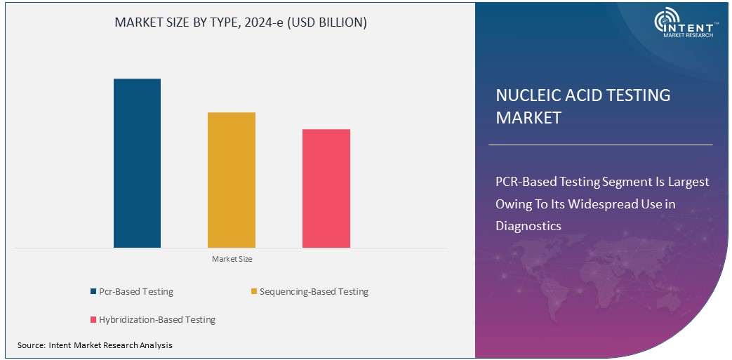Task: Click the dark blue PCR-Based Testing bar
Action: [137, 163]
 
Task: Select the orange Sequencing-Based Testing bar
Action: [232, 180]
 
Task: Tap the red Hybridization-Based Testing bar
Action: [326, 188]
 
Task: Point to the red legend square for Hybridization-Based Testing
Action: [93, 320]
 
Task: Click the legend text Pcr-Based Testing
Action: [136, 292]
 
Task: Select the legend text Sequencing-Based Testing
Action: [314, 292]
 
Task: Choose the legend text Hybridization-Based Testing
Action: [157, 320]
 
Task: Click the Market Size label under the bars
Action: [232, 260]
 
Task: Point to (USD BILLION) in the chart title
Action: [328, 22]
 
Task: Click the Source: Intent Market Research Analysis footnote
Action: [95, 345]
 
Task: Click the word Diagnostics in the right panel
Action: [528, 226]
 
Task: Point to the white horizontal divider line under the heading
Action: [600, 145]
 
